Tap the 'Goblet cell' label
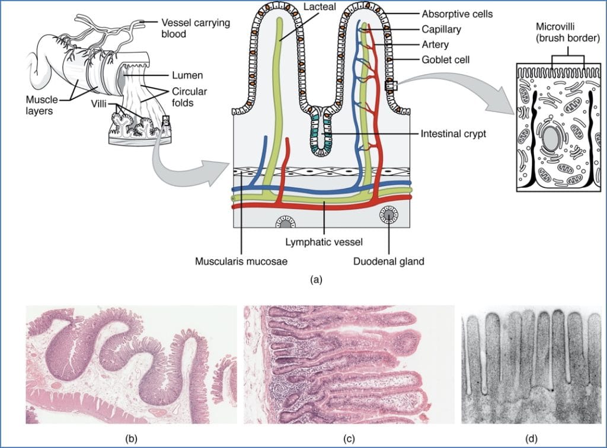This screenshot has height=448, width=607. pos(446,60)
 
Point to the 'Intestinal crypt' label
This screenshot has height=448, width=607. pos(453,134)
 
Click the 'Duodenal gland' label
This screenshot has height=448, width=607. pos(389,261)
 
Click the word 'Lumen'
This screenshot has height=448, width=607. pos(188,75)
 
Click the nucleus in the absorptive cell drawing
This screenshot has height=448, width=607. pos(551,140)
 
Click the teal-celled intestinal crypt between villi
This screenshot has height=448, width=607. pos(321,130)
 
